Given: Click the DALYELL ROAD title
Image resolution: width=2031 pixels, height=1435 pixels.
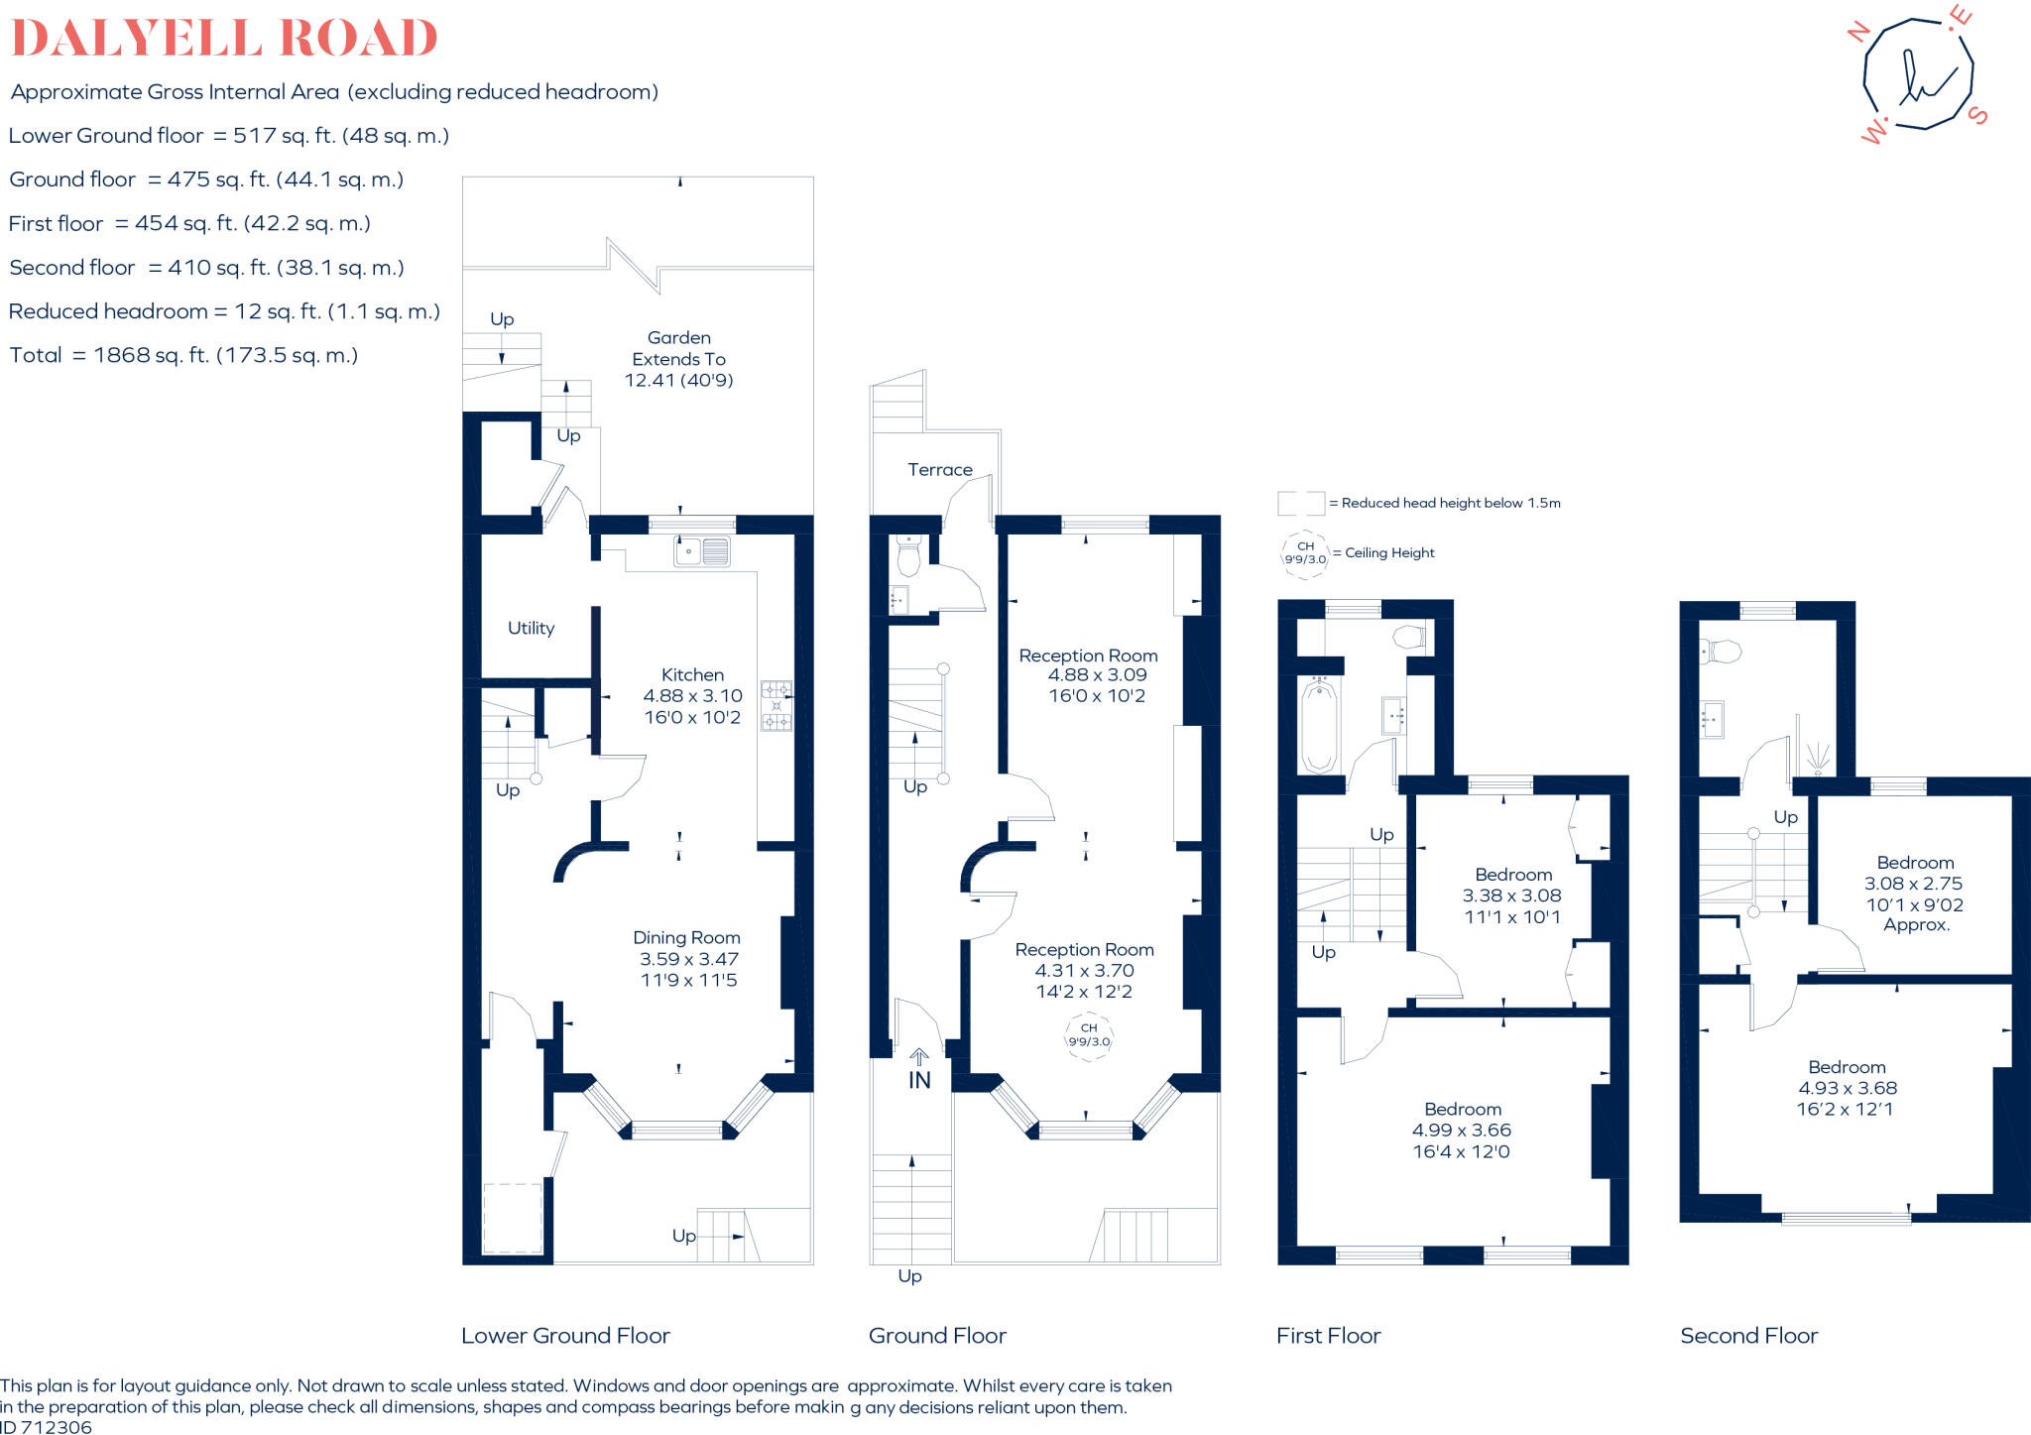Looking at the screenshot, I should tap(224, 38).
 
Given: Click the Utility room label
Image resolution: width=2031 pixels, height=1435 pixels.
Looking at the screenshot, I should tap(531, 628).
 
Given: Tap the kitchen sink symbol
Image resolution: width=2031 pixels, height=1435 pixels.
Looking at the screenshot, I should tap(702, 550).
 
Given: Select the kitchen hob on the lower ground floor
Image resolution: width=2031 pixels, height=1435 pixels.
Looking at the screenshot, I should tap(776, 705).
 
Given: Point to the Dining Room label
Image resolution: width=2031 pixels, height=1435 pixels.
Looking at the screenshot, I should tap(686, 937).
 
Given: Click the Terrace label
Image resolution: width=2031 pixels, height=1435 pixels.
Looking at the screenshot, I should tap(939, 469).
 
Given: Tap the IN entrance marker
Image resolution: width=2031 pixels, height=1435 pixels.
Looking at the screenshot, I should tap(919, 1080).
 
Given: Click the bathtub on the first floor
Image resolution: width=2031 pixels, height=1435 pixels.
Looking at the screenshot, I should tap(1319, 726).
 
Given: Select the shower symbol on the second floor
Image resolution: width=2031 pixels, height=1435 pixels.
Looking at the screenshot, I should tap(1817, 759).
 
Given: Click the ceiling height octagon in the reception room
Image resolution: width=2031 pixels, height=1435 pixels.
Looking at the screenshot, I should tap(1089, 1035).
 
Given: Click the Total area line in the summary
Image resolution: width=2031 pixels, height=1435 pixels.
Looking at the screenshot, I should tap(183, 355).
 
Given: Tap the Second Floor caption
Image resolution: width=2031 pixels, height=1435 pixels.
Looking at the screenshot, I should tap(1748, 1336).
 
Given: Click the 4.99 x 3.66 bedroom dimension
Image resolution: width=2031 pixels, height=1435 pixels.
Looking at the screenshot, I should tap(1461, 1130).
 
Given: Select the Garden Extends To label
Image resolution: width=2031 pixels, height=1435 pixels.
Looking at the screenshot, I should tap(678, 358).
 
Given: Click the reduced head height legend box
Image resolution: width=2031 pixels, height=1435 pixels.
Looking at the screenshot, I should tap(1300, 503).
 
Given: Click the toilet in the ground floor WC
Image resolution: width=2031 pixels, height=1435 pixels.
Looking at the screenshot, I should tap(908, 557).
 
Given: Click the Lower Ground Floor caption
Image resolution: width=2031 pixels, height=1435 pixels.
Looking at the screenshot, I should tap(565, 1336).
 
